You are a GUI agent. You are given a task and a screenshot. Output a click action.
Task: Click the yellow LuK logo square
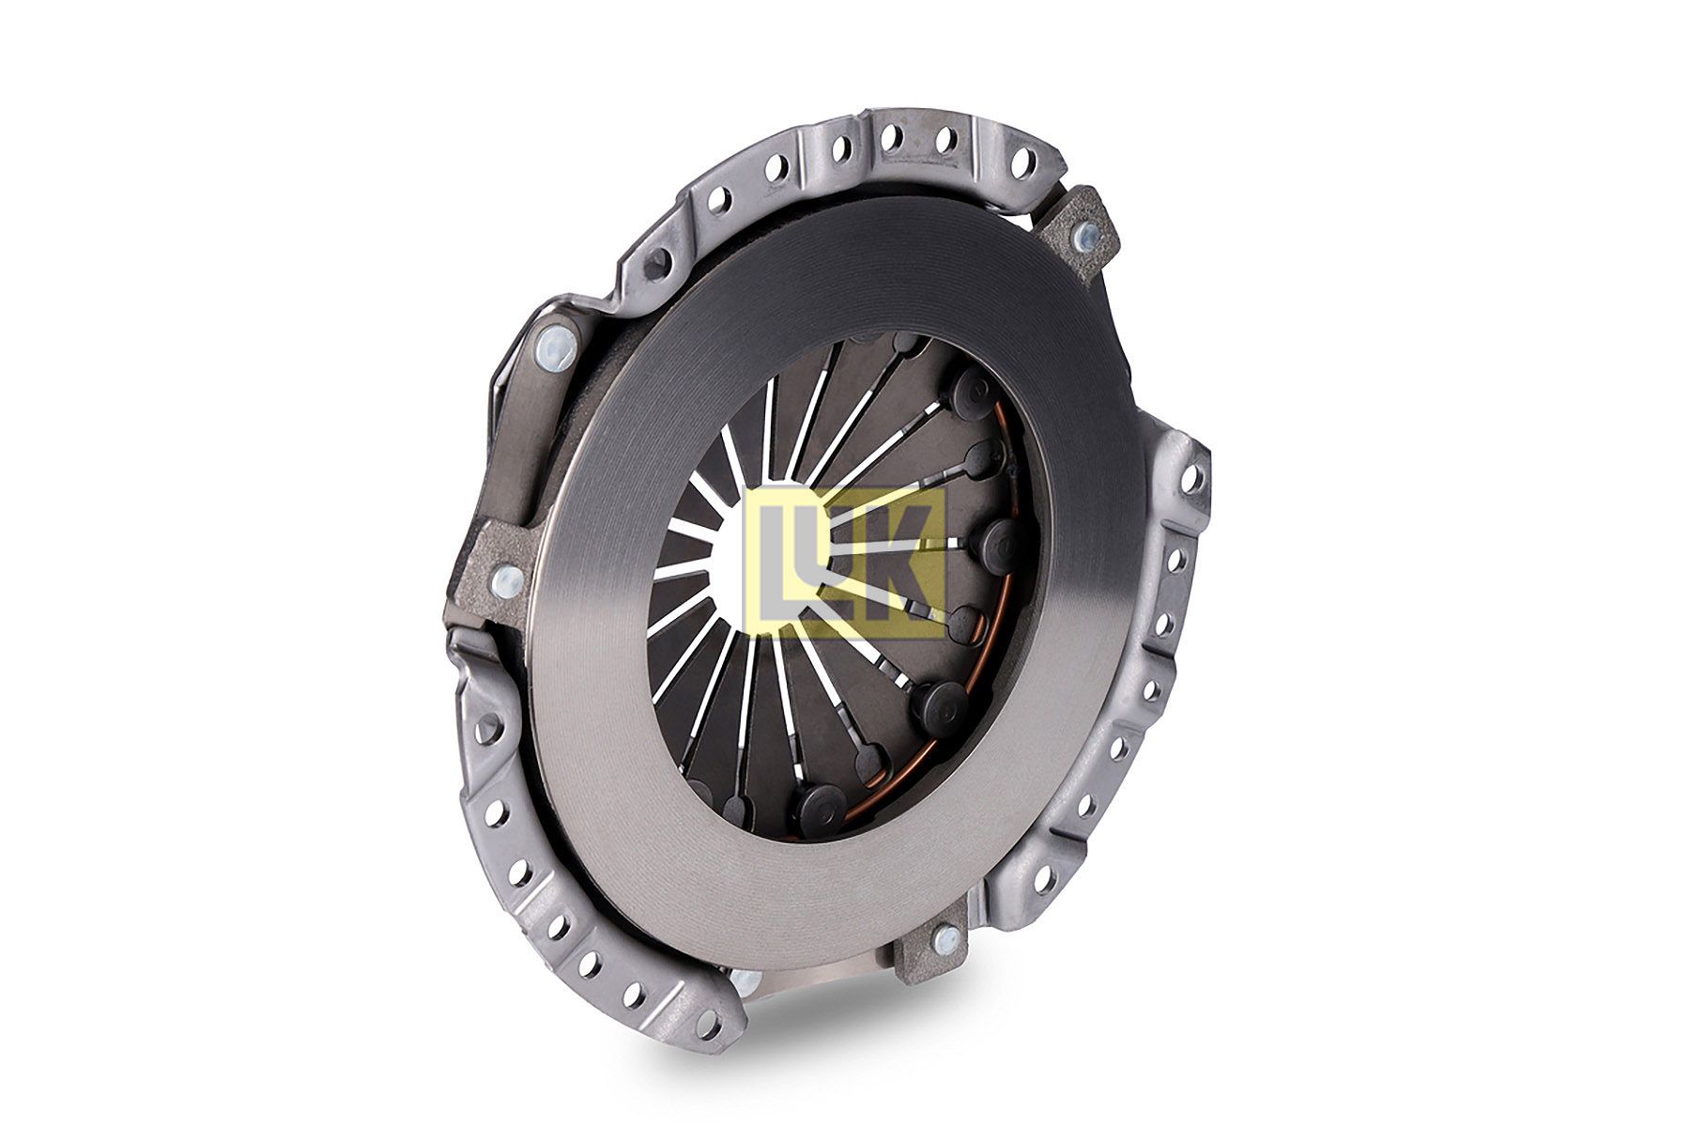844,562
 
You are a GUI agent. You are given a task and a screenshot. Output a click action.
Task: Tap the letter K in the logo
892,562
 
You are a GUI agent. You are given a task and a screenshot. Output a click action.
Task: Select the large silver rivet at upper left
552,345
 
